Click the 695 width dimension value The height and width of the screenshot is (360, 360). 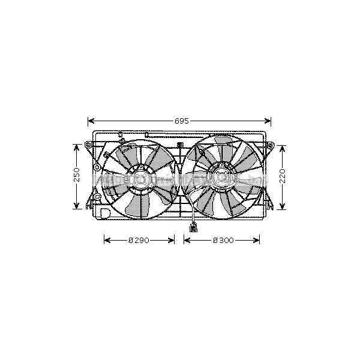(182, 121)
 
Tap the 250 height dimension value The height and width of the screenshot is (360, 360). (77, 175)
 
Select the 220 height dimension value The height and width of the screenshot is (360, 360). (283, 176)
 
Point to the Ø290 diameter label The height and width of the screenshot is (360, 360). (139, 241)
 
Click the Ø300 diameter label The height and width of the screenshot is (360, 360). (223, 241)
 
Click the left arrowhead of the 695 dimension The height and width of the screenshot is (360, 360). (91, 121)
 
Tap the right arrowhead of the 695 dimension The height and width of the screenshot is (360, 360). (268, 121)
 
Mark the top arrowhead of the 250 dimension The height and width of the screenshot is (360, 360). (76, 148)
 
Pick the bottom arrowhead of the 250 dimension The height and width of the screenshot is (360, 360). (76, 206)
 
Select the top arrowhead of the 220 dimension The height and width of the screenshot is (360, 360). (283, 149)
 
